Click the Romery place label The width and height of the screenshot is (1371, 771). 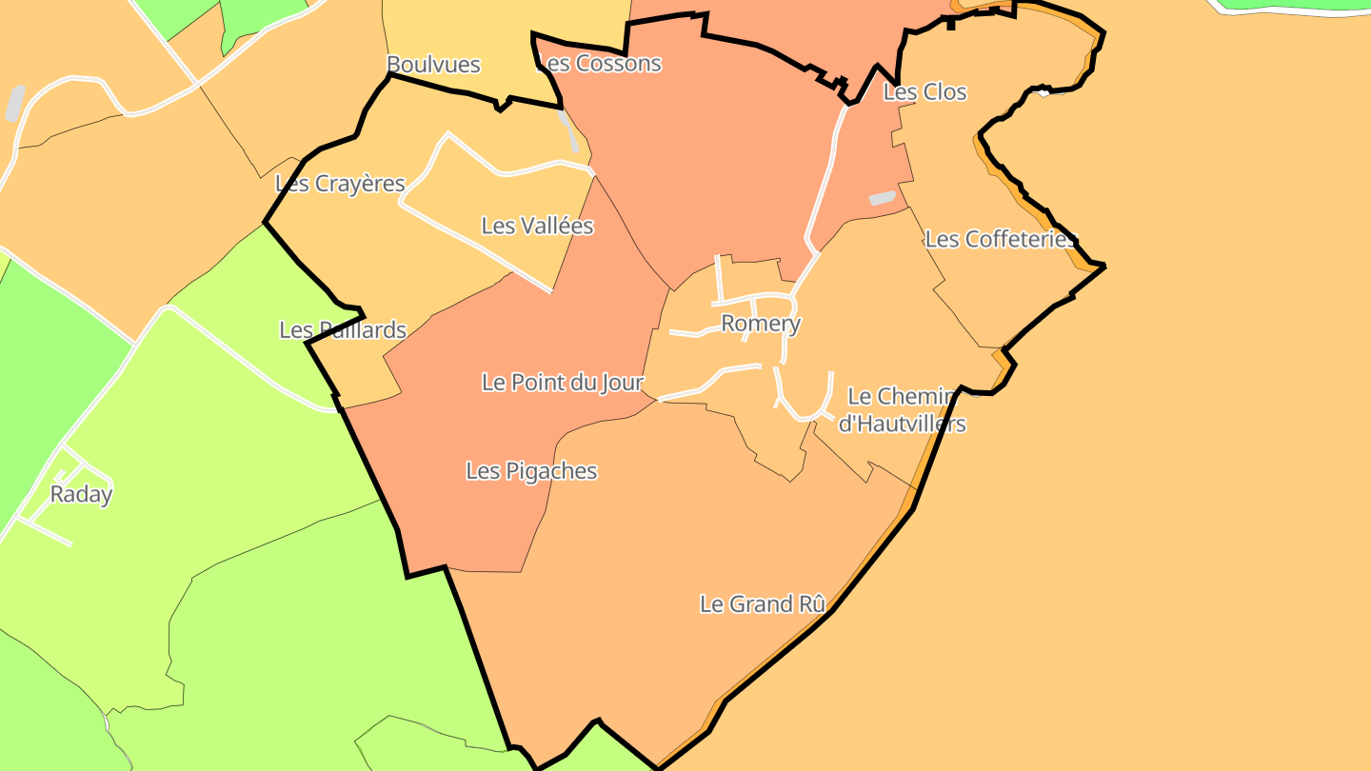click(760, 324)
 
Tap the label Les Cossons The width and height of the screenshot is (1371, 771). click(600, 64)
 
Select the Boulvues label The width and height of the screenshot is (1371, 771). click(433, 65)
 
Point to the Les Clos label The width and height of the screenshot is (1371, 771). click(924, 92)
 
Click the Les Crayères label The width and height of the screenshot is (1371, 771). click(340, 184)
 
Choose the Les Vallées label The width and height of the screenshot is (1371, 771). click(537, 226)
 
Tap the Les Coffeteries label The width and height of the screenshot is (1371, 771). click(1000, 239)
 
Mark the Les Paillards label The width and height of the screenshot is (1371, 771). click(343, 330)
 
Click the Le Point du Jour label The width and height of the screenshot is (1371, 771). click(563, 383)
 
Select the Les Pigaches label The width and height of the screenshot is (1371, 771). click(531, 470)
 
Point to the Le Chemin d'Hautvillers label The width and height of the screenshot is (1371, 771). click(903, 409)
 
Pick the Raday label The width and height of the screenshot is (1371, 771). click(81, 494)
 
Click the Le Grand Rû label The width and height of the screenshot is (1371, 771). click(762, 603)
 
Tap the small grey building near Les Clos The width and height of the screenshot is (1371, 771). click(883, 198)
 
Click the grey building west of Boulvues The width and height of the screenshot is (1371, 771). click(15, 103)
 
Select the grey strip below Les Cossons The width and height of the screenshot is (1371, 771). click(569, 132)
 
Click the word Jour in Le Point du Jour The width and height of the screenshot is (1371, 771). click(622, 383)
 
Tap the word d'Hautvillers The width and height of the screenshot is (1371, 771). click(903, 424)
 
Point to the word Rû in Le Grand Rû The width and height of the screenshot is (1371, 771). click(810, 603)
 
